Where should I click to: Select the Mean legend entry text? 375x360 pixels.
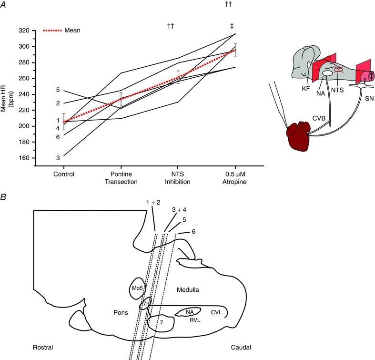click(72, 30)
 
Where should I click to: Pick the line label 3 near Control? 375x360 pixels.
click(58, 158)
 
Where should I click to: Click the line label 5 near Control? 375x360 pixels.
click(58, 90)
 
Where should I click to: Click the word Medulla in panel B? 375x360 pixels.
click(188, 290)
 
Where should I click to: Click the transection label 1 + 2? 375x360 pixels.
click(153, 203)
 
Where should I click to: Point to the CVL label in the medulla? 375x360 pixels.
click(217, 312)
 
